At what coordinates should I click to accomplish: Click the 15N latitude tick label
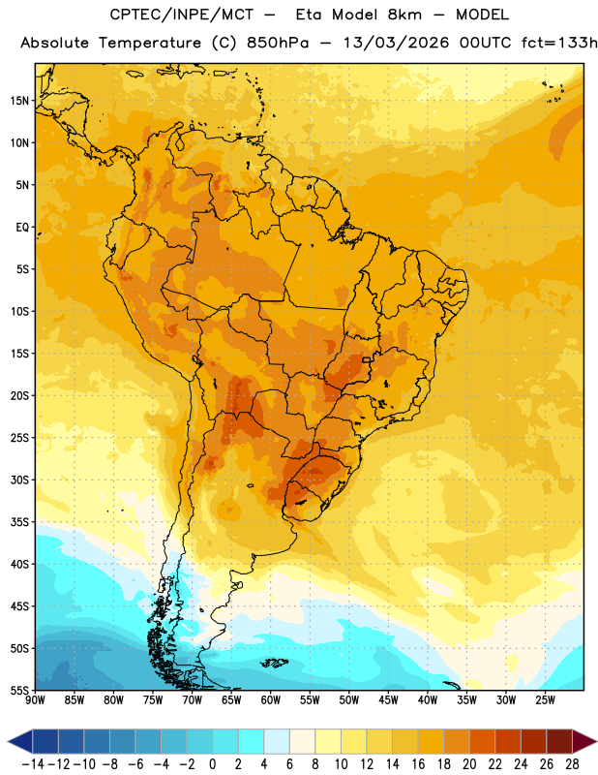click(19, 101)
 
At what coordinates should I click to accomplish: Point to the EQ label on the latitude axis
click(22, 228)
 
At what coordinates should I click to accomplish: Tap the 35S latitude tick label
click(19, 522)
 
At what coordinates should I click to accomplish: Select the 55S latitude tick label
click(19, 690)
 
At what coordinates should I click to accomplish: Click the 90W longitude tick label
click(36, 699)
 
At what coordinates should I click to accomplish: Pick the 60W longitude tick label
click(271, 699)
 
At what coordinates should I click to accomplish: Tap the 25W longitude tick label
click(545, 699)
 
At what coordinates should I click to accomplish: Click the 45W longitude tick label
click(388, 699)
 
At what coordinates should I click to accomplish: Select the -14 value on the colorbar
click(33, 764)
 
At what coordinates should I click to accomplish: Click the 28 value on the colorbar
click(572, 764)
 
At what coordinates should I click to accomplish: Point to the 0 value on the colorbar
click(212, 764)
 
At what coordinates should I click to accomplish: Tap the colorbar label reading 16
click(418, 764)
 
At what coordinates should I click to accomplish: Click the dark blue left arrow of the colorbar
click(20, 741)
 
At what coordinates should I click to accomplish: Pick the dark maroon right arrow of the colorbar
click(584, 741)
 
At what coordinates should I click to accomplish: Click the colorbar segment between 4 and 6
click(277, 741)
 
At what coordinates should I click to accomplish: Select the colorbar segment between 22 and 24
click(508, 741)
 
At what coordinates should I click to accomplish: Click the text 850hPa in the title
click(278, 43)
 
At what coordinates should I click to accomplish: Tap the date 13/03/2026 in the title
click(396, 43)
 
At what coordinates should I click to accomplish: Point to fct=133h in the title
click(559, 43)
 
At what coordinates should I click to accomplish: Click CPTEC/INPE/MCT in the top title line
click(182, 15)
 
